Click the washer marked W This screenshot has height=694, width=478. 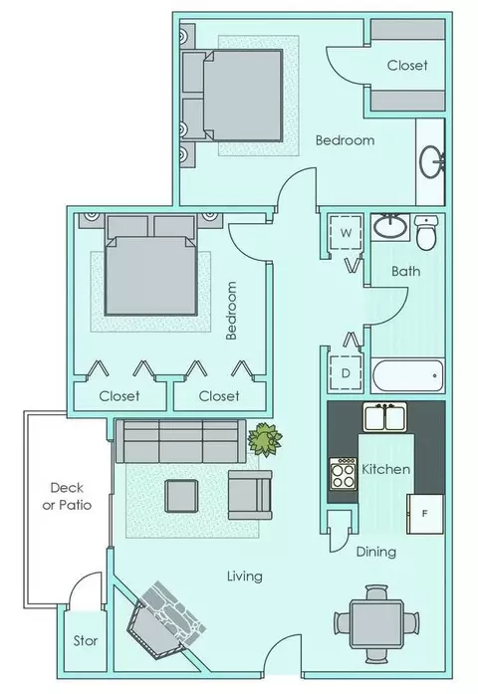tap(346, 233)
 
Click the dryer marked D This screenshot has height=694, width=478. tap(346, 373)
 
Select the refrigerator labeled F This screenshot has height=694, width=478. tap(425, 514)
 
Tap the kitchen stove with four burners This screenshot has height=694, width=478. tap(343, 474)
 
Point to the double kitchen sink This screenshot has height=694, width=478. tap(385, 416)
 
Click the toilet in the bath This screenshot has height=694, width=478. tap(426, 232)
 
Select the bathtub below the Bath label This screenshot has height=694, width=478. tap(407, 375)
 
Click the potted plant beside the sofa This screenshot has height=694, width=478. tap(264, 440)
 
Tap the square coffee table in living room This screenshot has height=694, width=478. tap(181, 496)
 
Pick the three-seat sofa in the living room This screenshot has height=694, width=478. tap(180, 441)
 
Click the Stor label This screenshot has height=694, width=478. tap(86, 640)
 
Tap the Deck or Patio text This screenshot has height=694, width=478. tap(67, 496)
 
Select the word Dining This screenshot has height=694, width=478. tap(376, 552)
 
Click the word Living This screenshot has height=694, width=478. tap(245, 577)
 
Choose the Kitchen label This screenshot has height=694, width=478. tap(386, 469)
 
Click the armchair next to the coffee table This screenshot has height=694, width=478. tap(250, 495)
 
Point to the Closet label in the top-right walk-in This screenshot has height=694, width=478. tap(407, 66)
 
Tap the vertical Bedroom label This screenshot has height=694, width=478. tap(231, 311)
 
